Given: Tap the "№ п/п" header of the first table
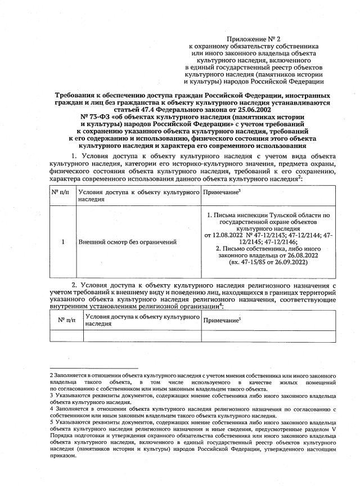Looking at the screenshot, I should point(60,192).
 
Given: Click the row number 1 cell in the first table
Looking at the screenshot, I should point(63,242).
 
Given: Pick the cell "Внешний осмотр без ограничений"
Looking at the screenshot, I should point(127,242).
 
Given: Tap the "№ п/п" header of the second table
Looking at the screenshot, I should point(66,320).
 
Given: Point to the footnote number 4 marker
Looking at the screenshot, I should point(52,409).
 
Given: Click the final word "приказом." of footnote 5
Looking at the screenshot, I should point(62,456).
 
